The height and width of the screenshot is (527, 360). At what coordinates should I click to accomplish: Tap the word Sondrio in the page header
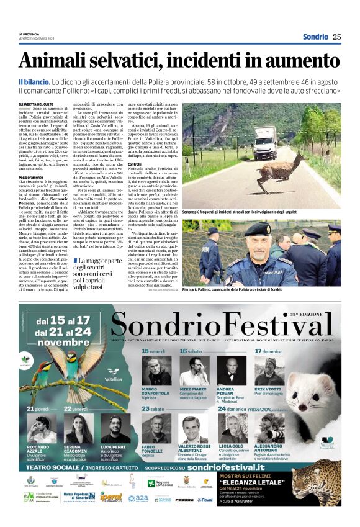click(315, 37)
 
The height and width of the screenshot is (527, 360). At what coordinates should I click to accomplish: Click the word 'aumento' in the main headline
click(299, 60)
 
